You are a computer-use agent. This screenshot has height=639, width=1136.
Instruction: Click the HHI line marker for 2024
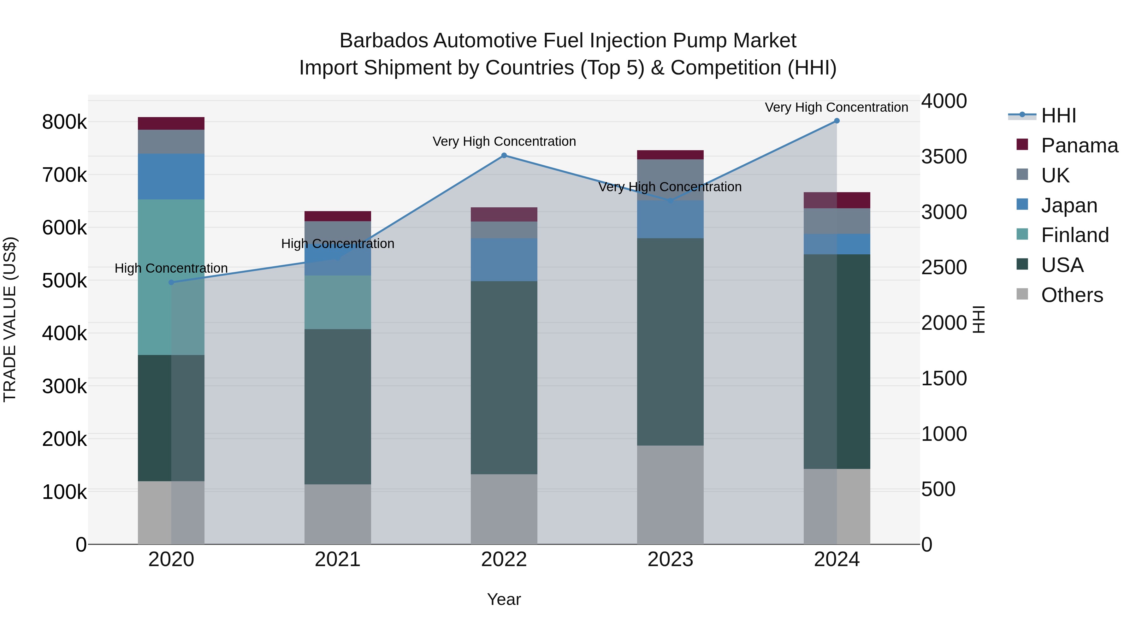coord(837,121)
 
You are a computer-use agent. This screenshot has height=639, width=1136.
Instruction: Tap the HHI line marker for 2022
coord(504,155)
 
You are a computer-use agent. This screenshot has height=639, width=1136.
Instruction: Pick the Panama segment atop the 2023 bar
coord(670,155)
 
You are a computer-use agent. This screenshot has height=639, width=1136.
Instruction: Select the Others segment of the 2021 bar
coord(337,514)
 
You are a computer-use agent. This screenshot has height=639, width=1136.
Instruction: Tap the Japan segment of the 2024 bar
coord(837,244)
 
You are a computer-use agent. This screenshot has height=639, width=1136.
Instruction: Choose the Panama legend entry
coord(1079,145)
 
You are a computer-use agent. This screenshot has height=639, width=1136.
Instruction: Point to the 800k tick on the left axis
coord(64,122)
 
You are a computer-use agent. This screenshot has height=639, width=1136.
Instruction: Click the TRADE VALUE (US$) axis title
coord(10,319)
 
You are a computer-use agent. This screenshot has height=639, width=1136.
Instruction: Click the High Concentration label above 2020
coord(171,268)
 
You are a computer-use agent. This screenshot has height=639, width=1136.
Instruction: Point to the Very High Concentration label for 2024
coord(836,108)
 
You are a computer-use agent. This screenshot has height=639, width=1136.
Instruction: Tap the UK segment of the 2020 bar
coord(171,142)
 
